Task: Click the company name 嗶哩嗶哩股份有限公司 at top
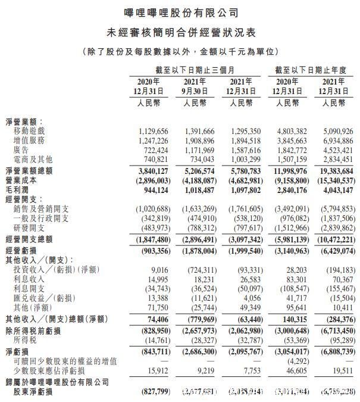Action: [x=180, y=12]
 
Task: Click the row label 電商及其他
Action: [x=41, y=160]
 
